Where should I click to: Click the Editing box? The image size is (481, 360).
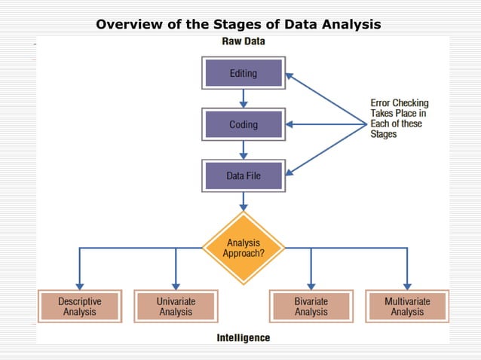(243, 74)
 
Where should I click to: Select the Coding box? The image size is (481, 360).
(243, 124)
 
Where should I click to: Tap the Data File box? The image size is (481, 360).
(243, 175)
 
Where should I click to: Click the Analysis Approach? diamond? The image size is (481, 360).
(243, 248)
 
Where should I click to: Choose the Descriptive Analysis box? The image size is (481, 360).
(79, 307)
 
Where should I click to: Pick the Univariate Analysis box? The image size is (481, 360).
(176, 307)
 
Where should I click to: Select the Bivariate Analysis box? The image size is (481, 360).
(311, 307)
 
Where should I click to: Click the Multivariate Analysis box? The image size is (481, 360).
(407, 307)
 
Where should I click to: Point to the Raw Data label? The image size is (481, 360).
(243, 42)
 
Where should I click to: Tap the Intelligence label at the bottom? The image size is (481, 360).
(243, 338)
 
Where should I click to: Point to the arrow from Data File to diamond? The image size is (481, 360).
(243, 200)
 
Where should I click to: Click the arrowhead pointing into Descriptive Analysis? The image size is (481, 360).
(79, 284)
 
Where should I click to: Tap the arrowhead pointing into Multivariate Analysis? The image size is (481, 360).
(407, 284)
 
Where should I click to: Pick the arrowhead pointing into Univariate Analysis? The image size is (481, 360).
(176, 284)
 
